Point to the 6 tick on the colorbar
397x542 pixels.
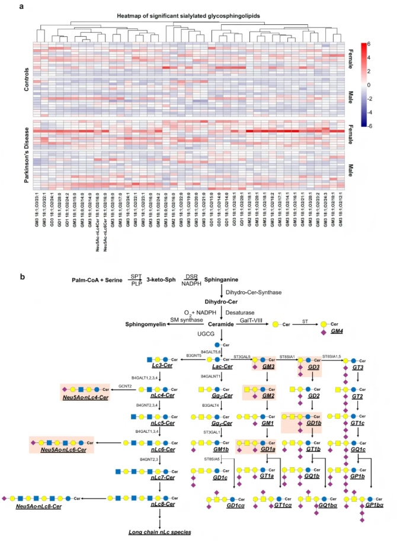click(370, 44)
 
